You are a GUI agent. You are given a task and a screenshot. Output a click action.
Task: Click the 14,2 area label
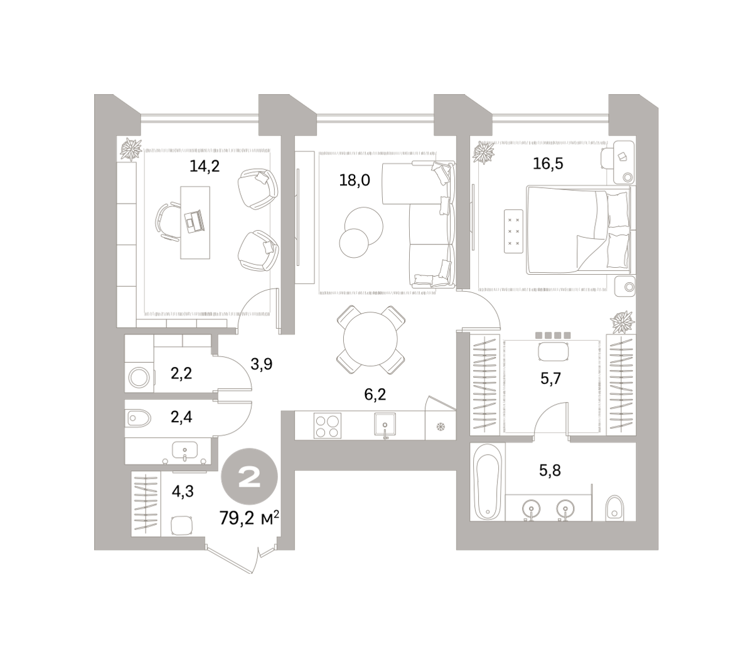[205, 166]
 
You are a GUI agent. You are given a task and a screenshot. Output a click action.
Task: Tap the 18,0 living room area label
[354, 181]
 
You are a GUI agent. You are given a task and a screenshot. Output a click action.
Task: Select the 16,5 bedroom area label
[548, 164]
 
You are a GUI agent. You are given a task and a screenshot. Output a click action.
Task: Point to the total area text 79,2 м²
[249, 518]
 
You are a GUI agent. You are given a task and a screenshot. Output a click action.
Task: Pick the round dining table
[370, 339]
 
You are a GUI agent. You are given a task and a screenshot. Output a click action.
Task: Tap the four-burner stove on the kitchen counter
[327, 426]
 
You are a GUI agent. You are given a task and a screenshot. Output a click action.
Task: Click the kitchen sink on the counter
[385, 424]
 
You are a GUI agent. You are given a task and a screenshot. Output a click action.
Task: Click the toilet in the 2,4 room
[139, 419]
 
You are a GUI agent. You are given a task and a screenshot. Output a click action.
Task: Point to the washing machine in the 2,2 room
[139, 378]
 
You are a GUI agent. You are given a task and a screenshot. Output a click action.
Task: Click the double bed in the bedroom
[579, 230]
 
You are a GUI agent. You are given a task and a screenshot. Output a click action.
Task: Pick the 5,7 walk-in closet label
[550, 379]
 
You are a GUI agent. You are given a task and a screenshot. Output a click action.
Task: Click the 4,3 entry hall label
[183, 492]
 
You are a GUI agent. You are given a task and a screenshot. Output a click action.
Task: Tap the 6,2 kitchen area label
[375, 394]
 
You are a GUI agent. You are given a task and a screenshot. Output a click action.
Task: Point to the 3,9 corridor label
[261, 364]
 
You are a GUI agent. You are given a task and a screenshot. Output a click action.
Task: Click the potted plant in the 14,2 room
[131, 149]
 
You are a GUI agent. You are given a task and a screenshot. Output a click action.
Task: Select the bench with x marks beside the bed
[513, 231]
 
